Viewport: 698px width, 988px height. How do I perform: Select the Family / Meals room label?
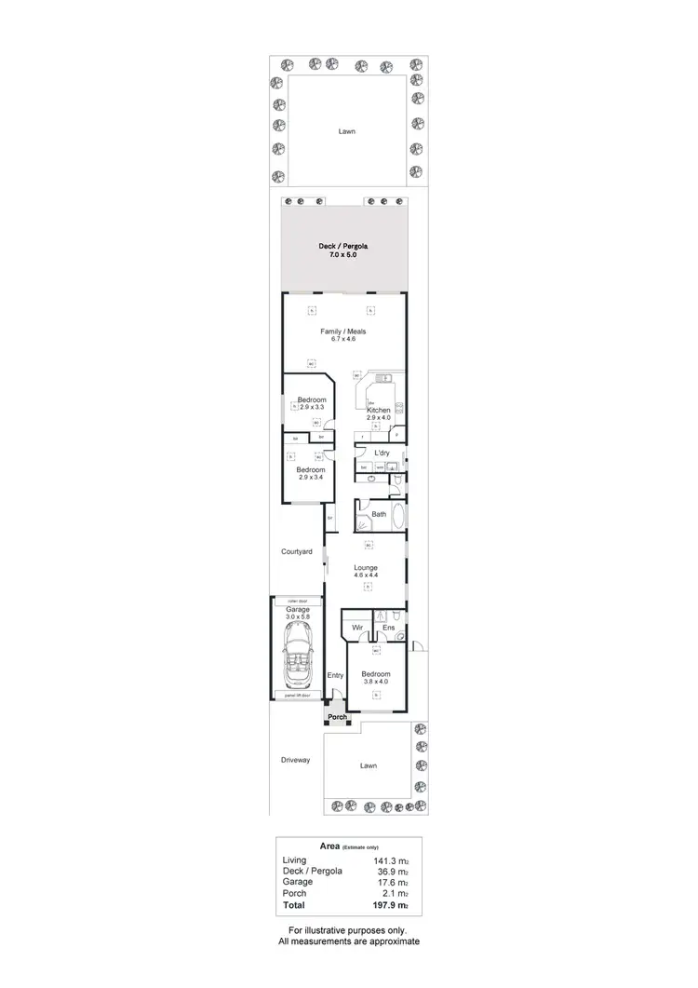[343, 332]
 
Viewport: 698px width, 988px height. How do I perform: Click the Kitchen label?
[378, 411]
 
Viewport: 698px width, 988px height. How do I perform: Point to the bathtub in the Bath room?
[399, 515]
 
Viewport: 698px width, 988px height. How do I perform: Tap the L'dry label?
[382, 453]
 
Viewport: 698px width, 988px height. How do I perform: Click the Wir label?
[356, 629]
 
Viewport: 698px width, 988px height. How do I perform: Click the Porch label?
[336, 717]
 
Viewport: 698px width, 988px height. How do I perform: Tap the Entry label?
[335, 675]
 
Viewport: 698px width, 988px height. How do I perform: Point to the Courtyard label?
[297, 552]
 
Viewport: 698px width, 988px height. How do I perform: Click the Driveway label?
[295, 760]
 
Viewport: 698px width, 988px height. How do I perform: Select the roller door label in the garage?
[297, 602]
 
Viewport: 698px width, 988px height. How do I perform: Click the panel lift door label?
[297, 695]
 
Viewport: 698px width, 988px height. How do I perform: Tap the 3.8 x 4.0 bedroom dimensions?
[375, 683]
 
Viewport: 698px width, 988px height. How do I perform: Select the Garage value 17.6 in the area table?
[393, 882]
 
